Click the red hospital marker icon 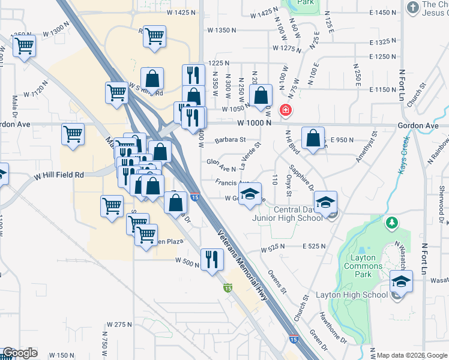(x=286, y=110)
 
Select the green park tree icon (x=392, y=223)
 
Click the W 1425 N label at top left (x=164, y=12)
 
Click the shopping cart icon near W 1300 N (x=25, y=46)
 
